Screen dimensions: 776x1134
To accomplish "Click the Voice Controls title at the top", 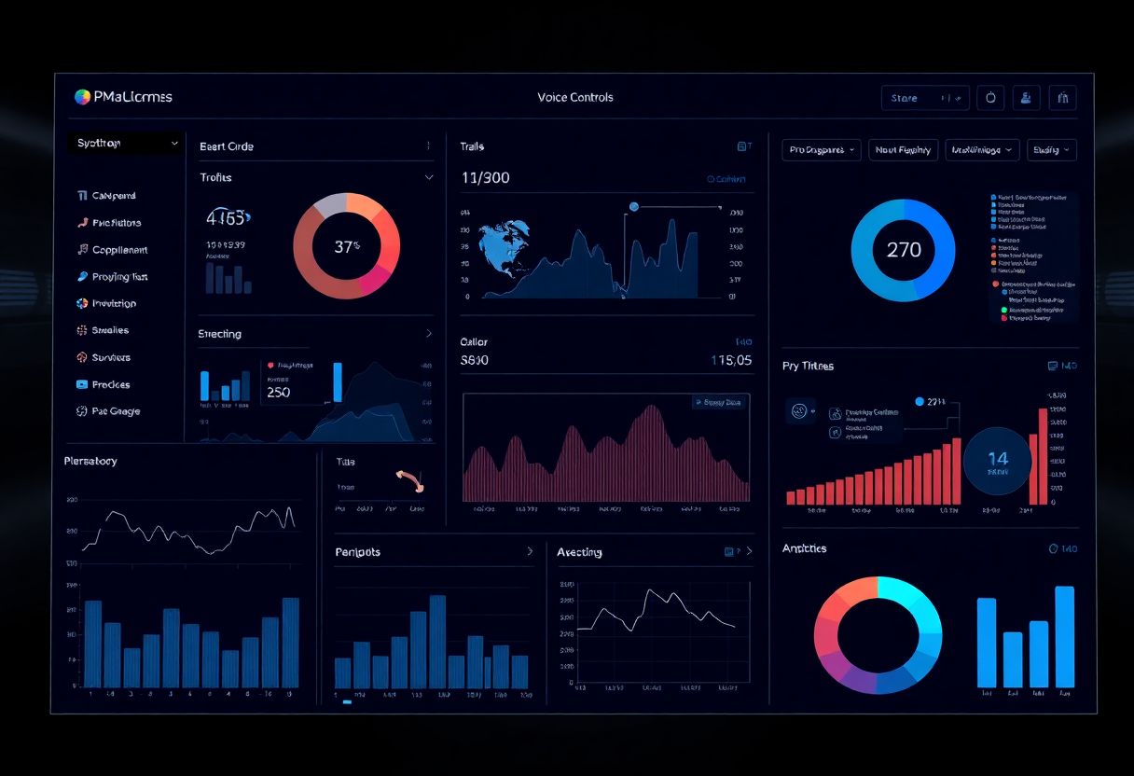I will (575, 97).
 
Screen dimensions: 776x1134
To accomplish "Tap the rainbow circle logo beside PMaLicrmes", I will (82, 97).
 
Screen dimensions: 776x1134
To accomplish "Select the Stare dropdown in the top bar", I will (924, 98).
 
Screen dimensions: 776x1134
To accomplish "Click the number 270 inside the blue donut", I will (903, 250).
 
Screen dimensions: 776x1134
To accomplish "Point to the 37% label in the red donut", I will (347, 247).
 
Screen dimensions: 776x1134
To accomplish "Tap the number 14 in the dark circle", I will (998, 459).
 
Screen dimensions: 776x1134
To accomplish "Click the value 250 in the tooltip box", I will (279, 393).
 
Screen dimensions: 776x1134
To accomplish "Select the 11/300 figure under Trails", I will (486, 178).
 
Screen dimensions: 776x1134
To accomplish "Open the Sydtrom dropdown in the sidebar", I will (127, 144).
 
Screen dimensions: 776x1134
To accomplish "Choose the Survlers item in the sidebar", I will (111, 357).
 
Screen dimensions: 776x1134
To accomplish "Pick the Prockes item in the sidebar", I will (111, 384).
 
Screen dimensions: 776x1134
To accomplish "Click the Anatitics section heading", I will (804, 548).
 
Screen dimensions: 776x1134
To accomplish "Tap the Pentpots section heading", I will (357, 552).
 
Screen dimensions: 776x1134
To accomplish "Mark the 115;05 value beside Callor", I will (730, 360).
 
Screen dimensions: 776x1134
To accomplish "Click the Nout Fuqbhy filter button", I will (904, 149).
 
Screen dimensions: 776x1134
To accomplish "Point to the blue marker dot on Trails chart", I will (634, 206).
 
